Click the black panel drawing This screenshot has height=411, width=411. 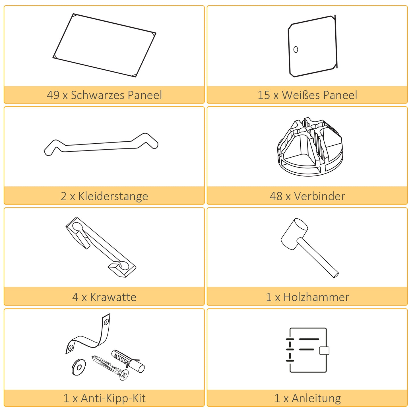104,45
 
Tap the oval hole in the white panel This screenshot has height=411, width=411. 296,49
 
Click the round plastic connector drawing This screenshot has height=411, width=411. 310,147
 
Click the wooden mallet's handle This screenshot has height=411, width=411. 318,258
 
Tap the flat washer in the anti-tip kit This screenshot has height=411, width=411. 79,367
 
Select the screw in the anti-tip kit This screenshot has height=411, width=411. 110,368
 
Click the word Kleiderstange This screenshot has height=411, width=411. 113,196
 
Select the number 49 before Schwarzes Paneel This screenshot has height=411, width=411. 53,95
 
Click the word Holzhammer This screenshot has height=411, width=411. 316,297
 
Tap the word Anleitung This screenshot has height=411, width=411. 316,398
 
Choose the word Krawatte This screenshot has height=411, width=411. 113,297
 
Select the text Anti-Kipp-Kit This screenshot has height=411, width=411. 113,398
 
